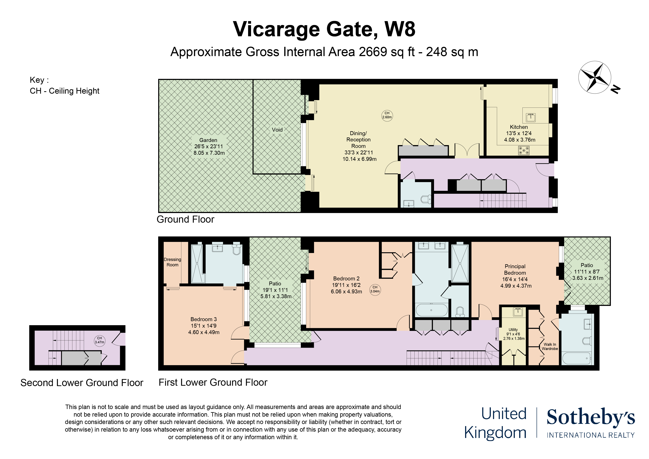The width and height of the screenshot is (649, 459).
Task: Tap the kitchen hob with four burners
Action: [x=524, y=150]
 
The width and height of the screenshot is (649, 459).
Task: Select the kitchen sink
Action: [x=531, y=117]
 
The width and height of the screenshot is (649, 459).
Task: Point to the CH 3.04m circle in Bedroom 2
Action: [x=375, y=290]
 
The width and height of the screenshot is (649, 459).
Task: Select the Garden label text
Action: [x=208, y=140]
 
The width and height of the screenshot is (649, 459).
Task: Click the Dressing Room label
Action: [x=172, y=262]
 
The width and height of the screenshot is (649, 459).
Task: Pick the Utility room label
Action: [x=513, y=330]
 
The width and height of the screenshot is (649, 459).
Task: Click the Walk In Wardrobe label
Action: [x=550, y=347]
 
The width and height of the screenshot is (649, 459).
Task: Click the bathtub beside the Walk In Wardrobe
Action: [x=576, y=358]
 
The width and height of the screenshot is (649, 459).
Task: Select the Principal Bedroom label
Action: [x=515, y=269]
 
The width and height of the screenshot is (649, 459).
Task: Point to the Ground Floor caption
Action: [x=185, y=220]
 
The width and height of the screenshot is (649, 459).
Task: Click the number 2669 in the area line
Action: [x=373, y=52]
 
